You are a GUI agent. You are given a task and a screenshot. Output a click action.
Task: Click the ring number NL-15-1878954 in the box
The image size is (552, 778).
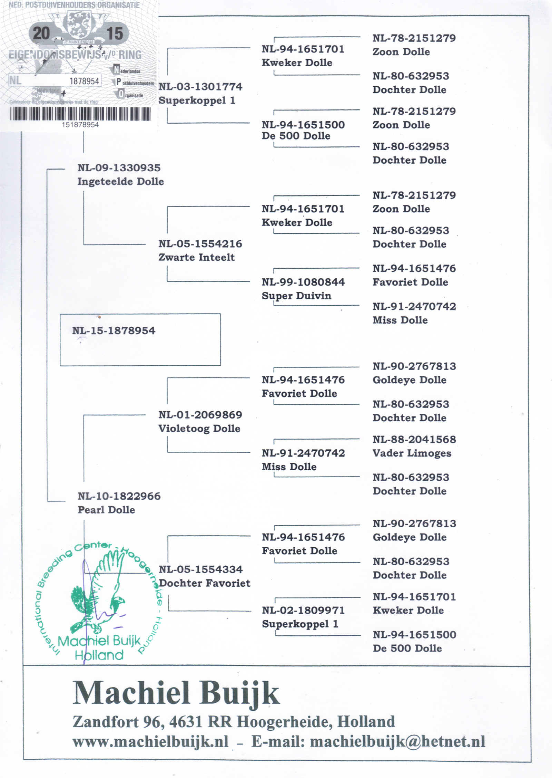[114, 331]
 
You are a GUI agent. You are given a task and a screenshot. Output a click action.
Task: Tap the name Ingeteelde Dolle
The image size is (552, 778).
[120, 182]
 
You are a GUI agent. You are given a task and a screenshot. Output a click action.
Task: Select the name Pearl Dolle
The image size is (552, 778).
[106, 510]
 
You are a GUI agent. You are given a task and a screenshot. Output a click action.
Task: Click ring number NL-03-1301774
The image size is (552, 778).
[200, 87]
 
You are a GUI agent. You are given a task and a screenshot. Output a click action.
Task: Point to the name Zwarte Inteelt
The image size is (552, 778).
[196, 257]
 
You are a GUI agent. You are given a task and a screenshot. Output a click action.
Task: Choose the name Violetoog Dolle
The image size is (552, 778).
[199, 429]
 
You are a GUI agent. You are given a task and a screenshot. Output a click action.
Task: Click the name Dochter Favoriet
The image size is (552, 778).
[205, 583]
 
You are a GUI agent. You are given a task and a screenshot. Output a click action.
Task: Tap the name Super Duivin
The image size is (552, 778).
[296, 296]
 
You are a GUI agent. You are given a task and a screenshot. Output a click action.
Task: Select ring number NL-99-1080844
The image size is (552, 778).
[303, 282]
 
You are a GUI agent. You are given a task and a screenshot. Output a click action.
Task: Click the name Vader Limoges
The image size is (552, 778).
[412, 453]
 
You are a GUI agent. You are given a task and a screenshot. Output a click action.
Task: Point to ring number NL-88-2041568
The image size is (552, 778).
[414, 440]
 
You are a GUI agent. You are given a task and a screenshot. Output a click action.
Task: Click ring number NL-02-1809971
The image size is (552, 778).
[303, 610]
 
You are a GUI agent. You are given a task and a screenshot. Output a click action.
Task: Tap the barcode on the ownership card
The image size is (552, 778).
[80, 114]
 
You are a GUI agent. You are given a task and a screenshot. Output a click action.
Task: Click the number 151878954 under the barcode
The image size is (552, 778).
[80, 125]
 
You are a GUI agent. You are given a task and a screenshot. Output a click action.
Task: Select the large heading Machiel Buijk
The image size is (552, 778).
[176, 694]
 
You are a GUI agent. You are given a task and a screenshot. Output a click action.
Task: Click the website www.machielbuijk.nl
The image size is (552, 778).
[150, 742]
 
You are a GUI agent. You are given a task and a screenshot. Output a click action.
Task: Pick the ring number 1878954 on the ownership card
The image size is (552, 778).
[84, 81]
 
